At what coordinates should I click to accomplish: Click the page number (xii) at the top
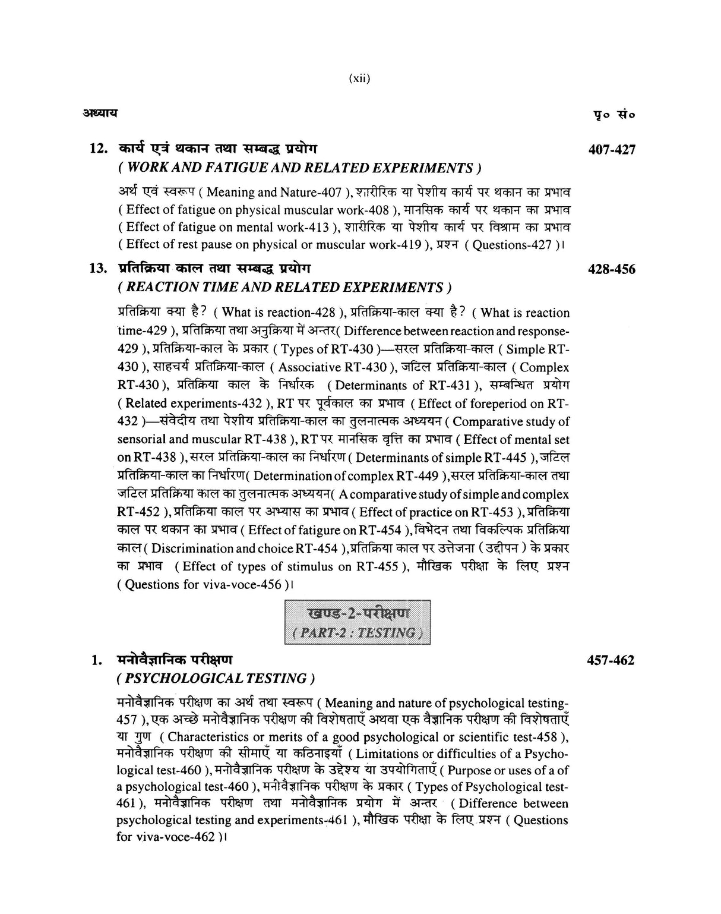click(360, 78)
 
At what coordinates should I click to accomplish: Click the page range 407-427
click(611, 149)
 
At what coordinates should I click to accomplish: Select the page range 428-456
click(611, 269)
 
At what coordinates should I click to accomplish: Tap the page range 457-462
click(611, 660)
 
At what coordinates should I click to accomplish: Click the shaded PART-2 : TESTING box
click(358, 622)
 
